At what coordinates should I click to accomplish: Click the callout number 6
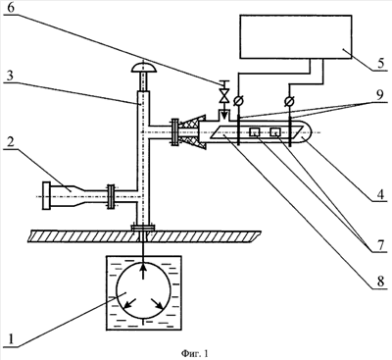coord(11,7)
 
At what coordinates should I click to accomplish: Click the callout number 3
coord(11,77)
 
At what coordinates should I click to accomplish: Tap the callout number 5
coord(381,63)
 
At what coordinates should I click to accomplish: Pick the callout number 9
coord(379,95)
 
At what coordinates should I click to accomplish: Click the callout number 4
coord(380,193)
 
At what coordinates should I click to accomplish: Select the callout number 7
coord(381,244)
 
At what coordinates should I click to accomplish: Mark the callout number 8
coord(380,281)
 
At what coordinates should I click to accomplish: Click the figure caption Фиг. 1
coord(194,353)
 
